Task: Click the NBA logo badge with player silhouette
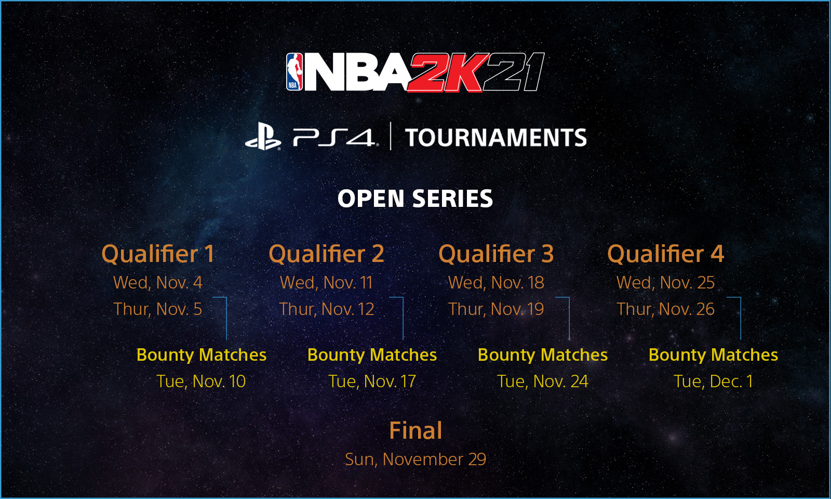(x=294, y=72)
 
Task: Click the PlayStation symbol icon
(x=263, y=137)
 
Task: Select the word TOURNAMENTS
(x=495, y=137)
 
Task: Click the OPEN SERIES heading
(x=415, y=198)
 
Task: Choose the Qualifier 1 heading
(x=158, y=254)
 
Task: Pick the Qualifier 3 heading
(x=496, y=254)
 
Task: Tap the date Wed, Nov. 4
(x=158, y=283)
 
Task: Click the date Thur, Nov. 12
(x=327, y=309)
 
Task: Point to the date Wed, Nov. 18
(x=496, y=283)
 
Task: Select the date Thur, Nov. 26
(x=665, y=309)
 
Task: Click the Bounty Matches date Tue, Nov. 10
(x=201, y=382)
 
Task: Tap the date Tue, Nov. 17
(x=372, y=382)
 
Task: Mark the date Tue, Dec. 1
(x=714, y=382)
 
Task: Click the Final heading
(x=415, y=430)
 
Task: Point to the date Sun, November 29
(x=415, y=459)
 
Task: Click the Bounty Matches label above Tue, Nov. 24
(x=543, y=355)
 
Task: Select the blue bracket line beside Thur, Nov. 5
(x=226, y=318)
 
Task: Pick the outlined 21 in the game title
(x=514, y=72)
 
